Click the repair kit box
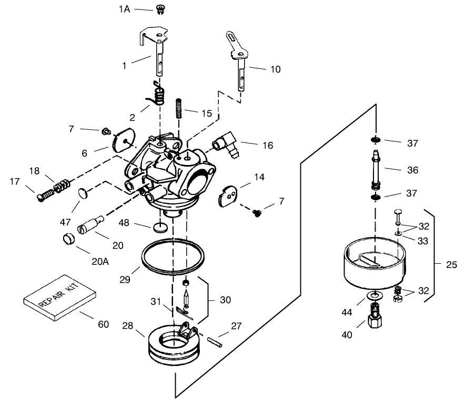click(59, 297)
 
